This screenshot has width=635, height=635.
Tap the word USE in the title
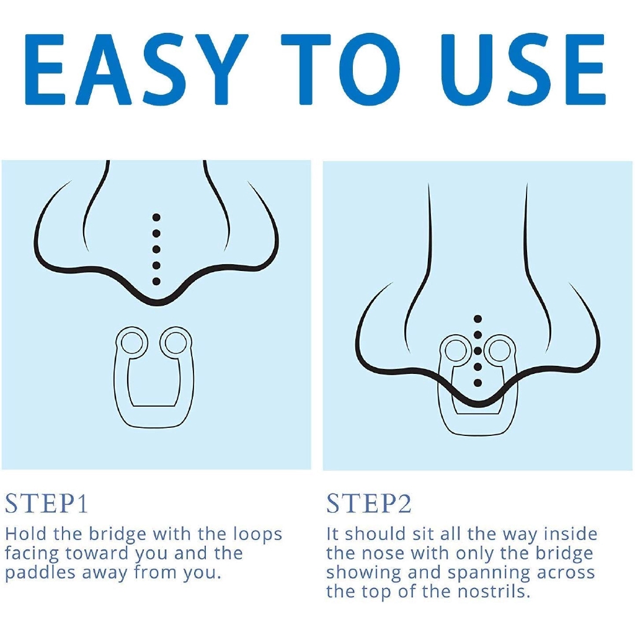tap(523, 69)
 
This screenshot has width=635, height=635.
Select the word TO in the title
tap(340, 69)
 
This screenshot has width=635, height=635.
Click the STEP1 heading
tap(47, 504)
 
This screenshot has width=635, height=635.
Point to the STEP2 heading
tap(369, 504)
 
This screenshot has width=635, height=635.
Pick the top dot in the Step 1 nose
tap(156, 218)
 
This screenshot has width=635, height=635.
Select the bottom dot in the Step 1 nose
tap(156, 282)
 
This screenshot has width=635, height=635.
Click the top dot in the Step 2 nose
tap(478, 319)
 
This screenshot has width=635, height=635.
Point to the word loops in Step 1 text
tap(257, 535)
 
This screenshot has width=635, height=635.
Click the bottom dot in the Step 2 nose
tap(478, 383)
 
